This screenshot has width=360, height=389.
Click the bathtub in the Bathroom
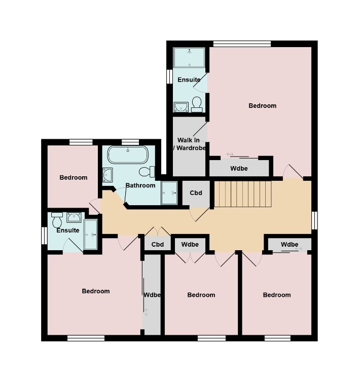click(128, 154)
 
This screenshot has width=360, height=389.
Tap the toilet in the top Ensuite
click(197, 104)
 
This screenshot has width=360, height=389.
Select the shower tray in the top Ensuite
click(189, 58)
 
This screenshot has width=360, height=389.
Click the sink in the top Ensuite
click(181, 107)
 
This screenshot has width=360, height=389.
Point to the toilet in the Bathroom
click(147, 171)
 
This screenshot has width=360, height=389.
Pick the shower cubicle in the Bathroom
click(169, 193)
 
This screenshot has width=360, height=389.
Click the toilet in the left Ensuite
click(57, 219)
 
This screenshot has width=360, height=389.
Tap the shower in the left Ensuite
click(90, 235)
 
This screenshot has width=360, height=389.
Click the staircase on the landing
click(242, 194)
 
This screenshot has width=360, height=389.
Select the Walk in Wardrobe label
click(189, 144)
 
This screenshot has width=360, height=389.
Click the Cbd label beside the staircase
click(196, 193)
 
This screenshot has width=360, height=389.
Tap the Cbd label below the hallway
click(158, 244)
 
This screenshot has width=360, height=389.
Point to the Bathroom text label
click(140, 185)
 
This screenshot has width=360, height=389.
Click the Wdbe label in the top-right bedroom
click(239, 169)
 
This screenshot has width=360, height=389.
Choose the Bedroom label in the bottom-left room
click(96, 291)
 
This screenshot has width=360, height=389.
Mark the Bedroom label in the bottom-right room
click(277, 295)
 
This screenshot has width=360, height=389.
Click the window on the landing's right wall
click(314, 220)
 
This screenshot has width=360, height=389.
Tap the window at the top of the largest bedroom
click(242, 44)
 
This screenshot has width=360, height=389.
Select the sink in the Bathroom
click(107, 175)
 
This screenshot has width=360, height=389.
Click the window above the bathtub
click(130, 142)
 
